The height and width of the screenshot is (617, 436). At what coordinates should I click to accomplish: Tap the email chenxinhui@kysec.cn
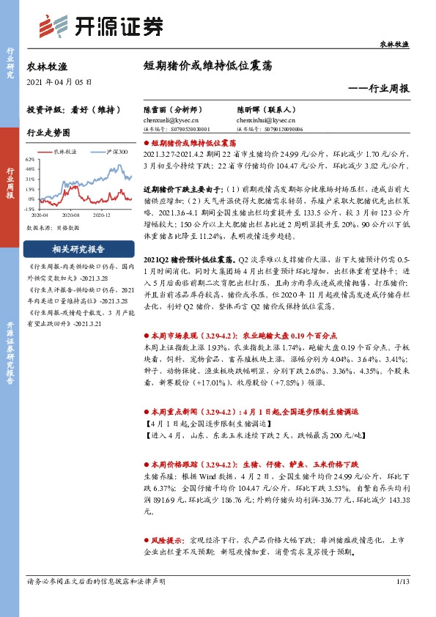pyautogui.click(x=265, y=119)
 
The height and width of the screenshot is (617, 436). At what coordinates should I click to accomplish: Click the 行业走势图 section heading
pyautogui.click(x=48, y=134)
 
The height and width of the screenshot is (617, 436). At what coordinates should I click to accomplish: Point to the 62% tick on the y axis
pyautogui.click(x=30, y=159)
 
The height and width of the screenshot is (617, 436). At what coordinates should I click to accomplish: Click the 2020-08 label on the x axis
pyautogui.click(x=70, y=215)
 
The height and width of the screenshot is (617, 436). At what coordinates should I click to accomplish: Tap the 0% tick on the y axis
pyautogui.click(x=32, y=199)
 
